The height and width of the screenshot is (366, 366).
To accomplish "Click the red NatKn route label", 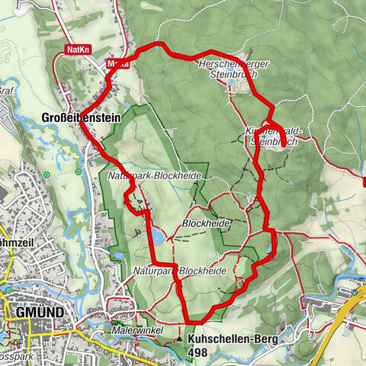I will pyautogui.click(x=77, y=49).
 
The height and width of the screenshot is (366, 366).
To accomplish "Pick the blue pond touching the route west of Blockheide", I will pyautogui.click(x=155, y=237).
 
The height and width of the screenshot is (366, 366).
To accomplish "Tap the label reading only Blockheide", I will pyautogui.click(x=206, y=223).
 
